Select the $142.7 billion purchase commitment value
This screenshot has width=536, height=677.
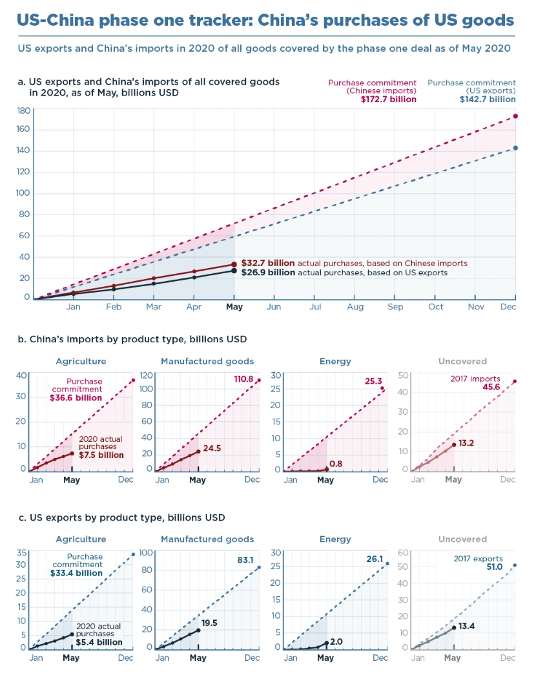coord(488,99)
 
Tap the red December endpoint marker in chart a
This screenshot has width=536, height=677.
coord(515,116)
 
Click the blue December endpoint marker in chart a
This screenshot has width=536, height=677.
coord(515,148)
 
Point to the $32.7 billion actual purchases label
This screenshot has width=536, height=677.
coord(267,264)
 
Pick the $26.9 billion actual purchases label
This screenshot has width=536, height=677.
coord(267,273)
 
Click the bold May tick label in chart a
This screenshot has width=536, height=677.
coord(234,307)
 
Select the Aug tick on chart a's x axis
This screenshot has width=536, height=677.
coord(355,307)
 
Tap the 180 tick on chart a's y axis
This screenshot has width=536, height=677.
coord(23,110)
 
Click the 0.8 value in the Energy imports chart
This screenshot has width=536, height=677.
coord(336,464)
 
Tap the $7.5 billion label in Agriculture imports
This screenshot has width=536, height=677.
coord(101,455)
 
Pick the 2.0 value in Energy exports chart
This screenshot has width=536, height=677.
coord(336,641)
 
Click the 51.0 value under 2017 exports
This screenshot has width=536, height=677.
coord(495,567)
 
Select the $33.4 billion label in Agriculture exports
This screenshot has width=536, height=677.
coord(76,573)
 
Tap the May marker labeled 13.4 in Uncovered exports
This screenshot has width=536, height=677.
coord(454,627)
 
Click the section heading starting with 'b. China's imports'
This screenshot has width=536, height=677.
coord(132,339)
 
